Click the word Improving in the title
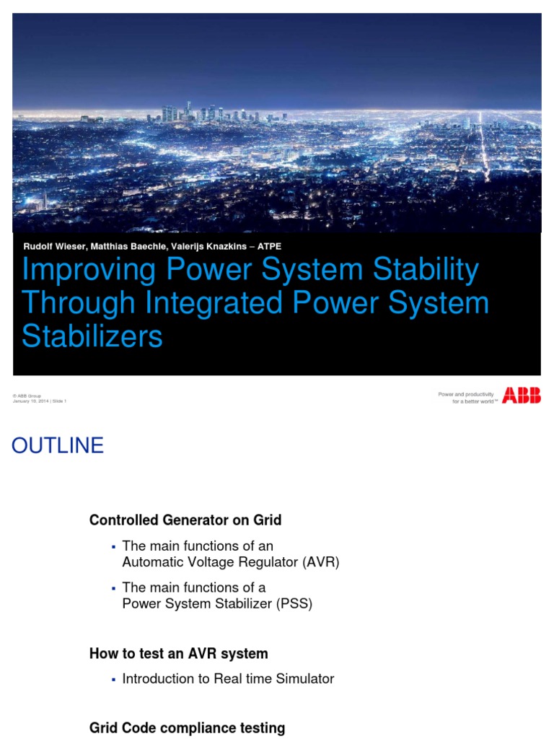point(89,270)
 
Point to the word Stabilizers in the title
point(92,336)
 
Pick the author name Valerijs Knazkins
point(216,246)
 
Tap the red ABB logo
point(522,395)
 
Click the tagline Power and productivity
point(466,394)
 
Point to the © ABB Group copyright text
point(27,395)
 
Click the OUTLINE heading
point(58,446)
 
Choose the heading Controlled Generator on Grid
point(185,520)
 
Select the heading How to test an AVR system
point(178,654)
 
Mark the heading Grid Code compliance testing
point(187,727)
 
